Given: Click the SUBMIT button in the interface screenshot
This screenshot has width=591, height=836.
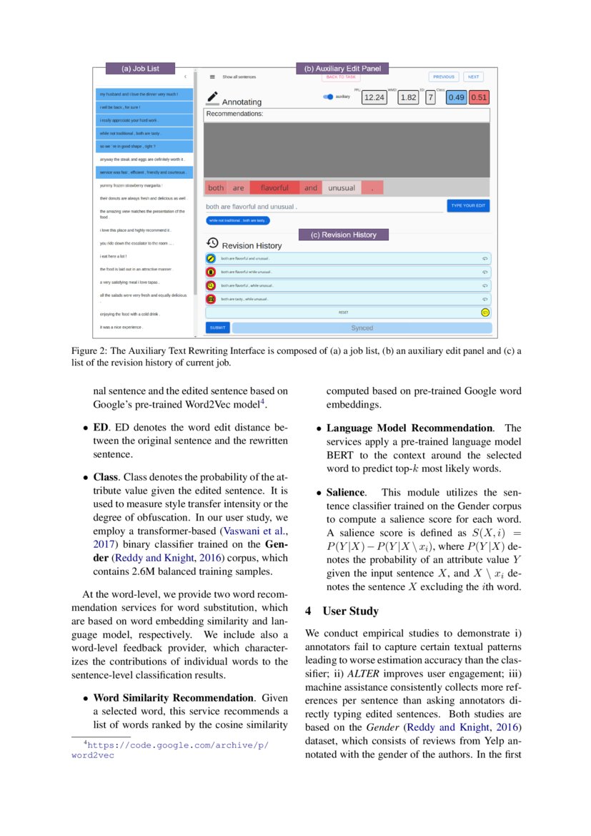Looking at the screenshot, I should click(218, 328).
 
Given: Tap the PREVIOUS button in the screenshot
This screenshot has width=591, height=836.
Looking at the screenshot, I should click(444, 77).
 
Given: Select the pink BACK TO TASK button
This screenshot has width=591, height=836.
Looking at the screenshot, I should click(340, 77).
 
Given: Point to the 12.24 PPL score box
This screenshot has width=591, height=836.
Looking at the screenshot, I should click(374, 97).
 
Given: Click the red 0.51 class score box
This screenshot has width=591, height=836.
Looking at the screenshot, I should click(479, 97).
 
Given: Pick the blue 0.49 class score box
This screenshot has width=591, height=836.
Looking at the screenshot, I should click(456, 97).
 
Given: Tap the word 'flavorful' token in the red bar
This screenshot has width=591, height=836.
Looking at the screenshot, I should click(274, 188).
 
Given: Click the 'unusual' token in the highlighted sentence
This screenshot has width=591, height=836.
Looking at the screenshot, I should click(341, 188).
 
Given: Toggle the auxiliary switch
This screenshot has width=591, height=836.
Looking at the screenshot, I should click(329, 97).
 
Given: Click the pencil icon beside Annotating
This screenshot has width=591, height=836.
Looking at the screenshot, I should click(212, 97).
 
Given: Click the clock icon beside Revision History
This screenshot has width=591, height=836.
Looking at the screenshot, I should click(212, 243).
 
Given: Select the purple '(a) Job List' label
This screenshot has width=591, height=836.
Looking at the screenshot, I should click(140, 69).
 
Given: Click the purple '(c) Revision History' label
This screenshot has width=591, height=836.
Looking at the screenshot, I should click(343, 235).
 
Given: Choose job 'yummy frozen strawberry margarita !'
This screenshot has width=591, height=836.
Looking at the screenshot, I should click(131, 185).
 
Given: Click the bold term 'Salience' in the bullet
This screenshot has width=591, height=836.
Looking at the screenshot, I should click(346, 493).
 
